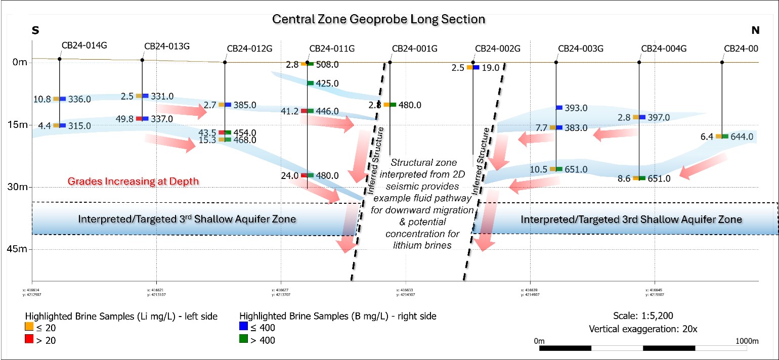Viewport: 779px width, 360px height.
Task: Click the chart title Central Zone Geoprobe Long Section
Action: pos(379,19)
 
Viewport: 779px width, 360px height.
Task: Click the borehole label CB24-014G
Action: pos(84,45)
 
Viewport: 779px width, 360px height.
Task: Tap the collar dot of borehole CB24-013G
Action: pos(142,60)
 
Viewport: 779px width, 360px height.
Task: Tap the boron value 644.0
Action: pos(742,137)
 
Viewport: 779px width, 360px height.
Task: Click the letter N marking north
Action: pos(755,30)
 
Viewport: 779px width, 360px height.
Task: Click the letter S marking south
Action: pos(36,30)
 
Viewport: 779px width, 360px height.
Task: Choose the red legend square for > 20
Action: pos(28,340)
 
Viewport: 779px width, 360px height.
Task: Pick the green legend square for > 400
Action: pos(243,340)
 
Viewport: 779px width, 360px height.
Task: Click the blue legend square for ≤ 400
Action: pos(243,328)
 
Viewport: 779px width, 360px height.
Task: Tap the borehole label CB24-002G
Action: pos(498,49)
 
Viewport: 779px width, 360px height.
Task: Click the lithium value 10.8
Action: pos(43,99)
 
